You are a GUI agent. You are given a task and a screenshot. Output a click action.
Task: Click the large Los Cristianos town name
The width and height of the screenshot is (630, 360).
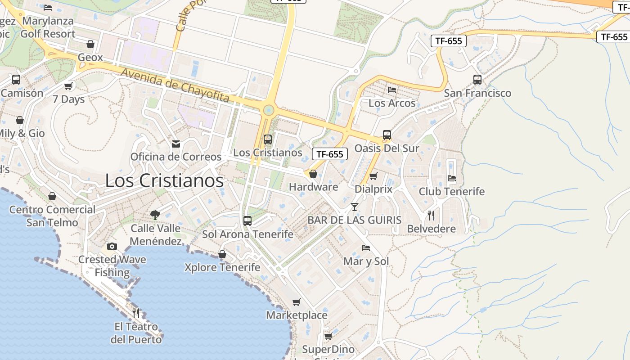(x=164, y=181)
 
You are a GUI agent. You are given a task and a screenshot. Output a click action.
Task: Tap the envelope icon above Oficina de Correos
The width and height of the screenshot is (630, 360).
(x=176, y=144)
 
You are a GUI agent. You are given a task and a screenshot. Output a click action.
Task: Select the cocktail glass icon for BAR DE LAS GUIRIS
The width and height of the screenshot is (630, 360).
(x=355, y=207)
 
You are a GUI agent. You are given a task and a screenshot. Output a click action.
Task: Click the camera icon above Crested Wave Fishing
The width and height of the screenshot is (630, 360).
(x=112, y=246)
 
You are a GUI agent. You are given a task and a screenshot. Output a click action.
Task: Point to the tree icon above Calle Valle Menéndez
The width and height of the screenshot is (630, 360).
(x=155, y=215)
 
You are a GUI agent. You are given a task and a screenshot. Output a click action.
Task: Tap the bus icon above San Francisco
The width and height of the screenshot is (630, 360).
(x=477, y=80)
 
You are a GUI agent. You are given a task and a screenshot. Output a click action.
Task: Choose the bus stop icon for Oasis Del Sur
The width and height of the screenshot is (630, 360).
(x=387, y=135)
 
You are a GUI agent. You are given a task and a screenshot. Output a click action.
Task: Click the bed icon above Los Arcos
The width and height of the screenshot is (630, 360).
(x=392, y=90)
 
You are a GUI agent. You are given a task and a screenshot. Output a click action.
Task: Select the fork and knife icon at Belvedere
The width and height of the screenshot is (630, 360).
(x=431, y=216)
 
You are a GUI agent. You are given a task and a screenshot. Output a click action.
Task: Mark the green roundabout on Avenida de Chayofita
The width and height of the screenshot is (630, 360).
(x=269, y=110)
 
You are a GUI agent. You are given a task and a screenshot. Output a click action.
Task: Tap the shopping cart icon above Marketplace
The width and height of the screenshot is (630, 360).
(x=296, y=302)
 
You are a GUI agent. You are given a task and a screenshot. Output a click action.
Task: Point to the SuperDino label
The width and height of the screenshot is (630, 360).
(x=328, y=349)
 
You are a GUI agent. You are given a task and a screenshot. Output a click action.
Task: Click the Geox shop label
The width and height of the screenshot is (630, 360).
(x=90, y=58)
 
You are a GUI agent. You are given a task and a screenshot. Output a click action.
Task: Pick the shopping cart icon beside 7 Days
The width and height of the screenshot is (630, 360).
(x=68, y=86)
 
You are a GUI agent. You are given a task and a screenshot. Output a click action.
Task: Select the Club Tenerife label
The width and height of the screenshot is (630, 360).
(x=452, y=191)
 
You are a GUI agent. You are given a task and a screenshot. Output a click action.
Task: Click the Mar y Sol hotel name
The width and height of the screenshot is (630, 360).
(x=366, y=261)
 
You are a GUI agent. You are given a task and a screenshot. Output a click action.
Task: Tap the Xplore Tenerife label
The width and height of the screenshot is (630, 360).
(x=222, y=267)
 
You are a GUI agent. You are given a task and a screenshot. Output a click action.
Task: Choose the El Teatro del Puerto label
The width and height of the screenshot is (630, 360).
(x=136, y=333)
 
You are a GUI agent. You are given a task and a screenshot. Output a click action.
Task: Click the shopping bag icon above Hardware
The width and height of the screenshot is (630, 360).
(x=313, y=174)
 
